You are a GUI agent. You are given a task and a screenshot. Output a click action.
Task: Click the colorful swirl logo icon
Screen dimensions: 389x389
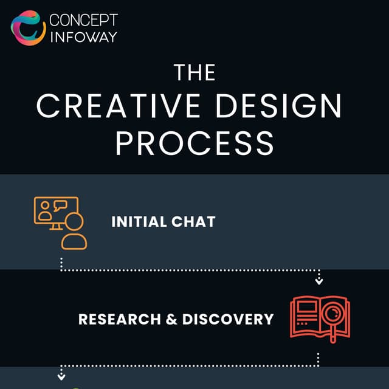pyautogui.click(x=28, y=27)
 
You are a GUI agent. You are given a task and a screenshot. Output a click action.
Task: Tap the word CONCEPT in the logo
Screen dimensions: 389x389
pyautogui.click(x=83, y=19)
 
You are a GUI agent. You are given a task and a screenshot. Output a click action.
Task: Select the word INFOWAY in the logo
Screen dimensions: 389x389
pyautogui.click(x=83, y=36)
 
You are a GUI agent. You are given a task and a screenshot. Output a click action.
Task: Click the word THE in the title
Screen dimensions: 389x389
pyautogui.click(x=194, y=73)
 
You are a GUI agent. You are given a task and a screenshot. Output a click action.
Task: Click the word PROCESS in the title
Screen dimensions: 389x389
pyautogui.click(x=194, y=143)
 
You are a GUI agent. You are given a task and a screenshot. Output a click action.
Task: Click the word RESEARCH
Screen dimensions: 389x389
pyautogui.click(x=118, y=318)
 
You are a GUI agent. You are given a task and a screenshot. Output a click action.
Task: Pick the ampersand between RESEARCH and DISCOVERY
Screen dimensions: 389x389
pyautogui.click(x=171, y=318)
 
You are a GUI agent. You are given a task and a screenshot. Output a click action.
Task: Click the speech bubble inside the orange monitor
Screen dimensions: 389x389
pyautogui.click(x=60, y=206)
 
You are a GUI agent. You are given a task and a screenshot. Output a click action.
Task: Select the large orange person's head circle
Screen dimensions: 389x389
pyautogui.click(x=75, y=221)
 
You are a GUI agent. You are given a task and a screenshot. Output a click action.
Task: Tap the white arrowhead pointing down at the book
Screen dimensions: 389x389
pyautogui.click(x=319, y=281)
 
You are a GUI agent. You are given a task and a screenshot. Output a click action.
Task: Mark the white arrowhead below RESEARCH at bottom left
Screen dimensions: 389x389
pyautogui.click(x=61, y=377)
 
